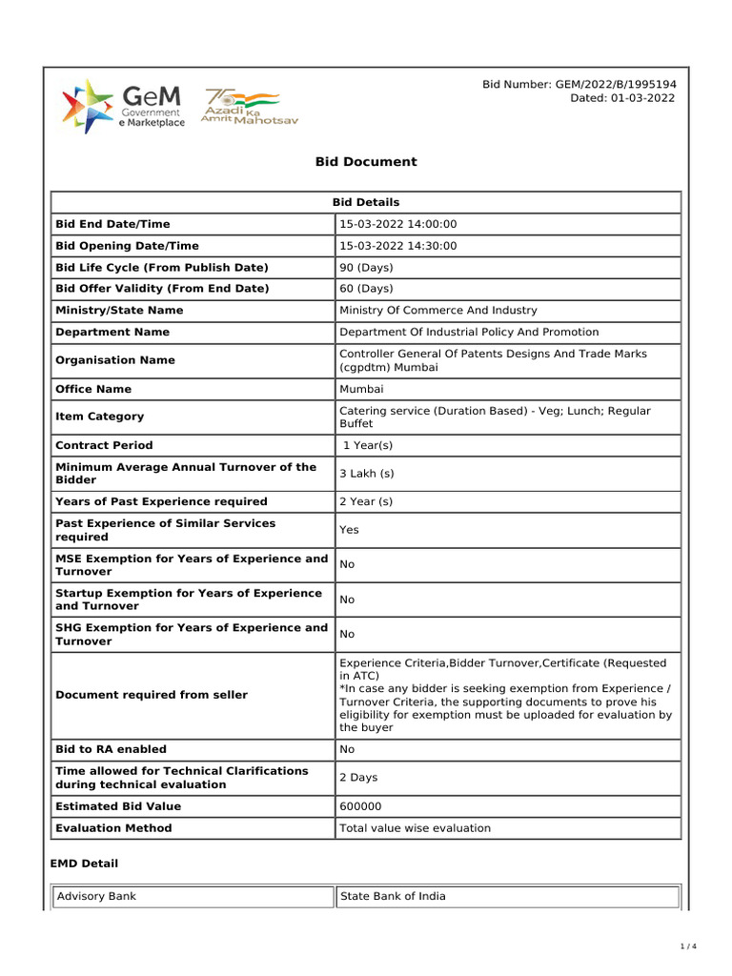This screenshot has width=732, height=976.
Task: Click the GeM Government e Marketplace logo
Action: pos(123,106)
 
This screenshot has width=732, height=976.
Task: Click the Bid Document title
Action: pos(366,162)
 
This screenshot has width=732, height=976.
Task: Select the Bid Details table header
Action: pos(366,202)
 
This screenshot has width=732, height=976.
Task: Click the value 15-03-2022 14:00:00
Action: pos(398,224)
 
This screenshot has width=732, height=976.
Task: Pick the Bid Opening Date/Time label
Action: pos(128,246)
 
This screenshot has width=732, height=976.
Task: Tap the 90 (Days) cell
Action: pos(366,268)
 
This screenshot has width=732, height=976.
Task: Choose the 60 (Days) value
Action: pos(366,289)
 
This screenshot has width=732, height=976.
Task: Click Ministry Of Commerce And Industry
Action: pos(438,311)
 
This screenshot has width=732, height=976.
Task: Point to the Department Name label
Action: pos(112,333)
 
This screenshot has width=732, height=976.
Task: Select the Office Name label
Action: pos(93,389)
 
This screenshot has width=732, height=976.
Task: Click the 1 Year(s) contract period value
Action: pos(368,445)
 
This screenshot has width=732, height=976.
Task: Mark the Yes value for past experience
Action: pos(349,530)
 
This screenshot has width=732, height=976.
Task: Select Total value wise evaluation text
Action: pos(416,828)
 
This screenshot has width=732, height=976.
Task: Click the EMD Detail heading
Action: pos(84,864)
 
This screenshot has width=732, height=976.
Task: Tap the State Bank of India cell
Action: pos(393,896)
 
